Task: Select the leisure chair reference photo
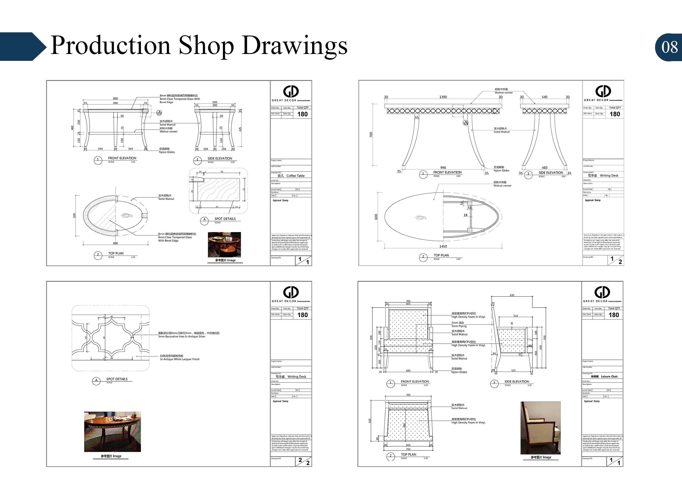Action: (540, 428)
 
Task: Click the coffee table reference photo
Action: (224, 245)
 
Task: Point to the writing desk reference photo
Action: (112, 432)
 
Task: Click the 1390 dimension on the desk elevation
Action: (443, 97)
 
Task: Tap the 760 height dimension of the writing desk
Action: (371, 135)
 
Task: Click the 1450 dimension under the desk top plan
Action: (443, 246)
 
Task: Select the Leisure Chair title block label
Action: (609, 376)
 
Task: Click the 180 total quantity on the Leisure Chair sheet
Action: (614, 315)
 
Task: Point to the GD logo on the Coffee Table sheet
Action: (291, 91)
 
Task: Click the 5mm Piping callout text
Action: (459, 326)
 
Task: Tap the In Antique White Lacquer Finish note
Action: (180, 359)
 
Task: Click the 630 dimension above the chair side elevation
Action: (512, 295)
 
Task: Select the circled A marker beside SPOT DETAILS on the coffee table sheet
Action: (204, 220)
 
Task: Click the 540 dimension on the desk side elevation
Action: (544, 97)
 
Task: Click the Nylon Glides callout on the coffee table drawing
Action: (167, 152)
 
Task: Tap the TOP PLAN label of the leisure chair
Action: (408, 454)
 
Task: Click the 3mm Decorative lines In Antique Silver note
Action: (182, 337)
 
